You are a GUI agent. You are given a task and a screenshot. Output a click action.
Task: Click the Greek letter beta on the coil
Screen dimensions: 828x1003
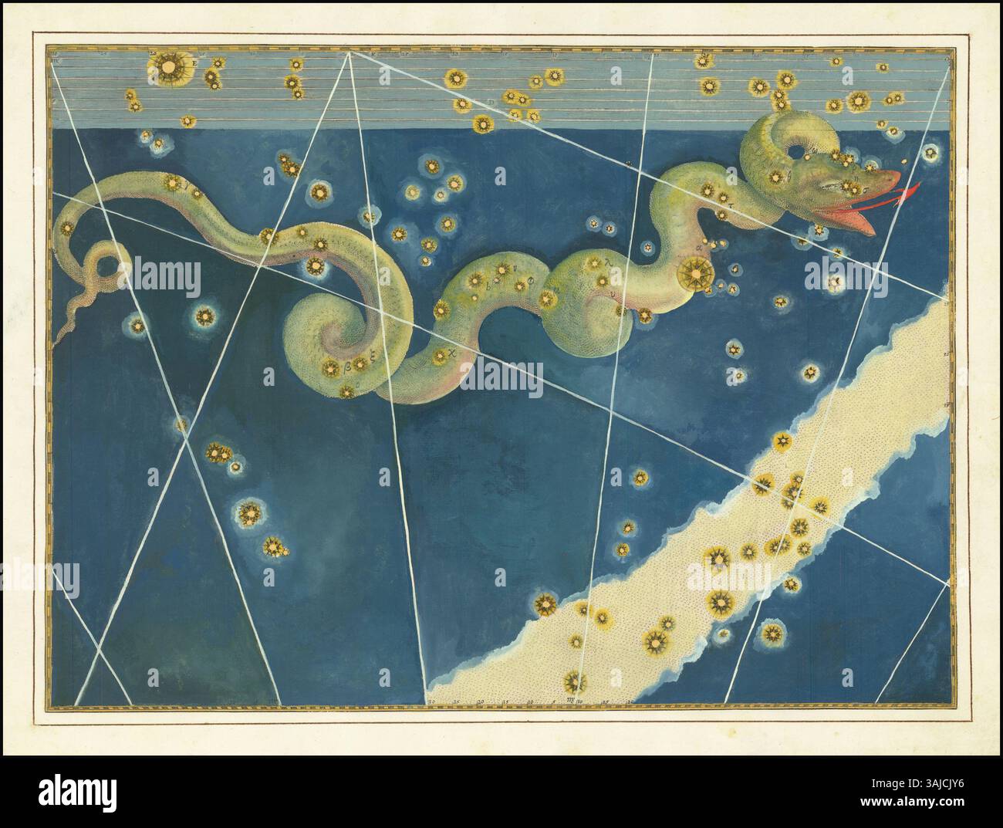pyautogui.click(x=347, y=360)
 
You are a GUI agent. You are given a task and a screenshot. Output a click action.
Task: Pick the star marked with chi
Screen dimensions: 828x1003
pyautogui.click(x=440, y=355)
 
